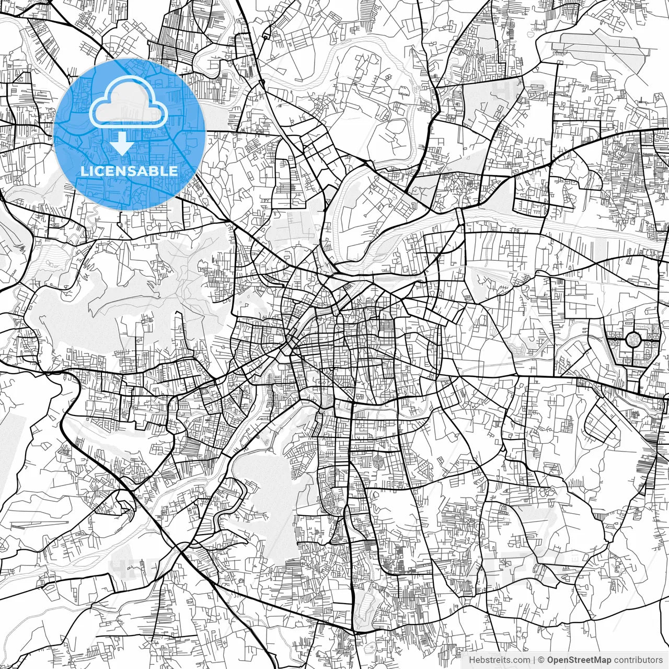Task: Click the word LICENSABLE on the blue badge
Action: click(x=129, y=171)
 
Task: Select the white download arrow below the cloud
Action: click(x=122, y=143)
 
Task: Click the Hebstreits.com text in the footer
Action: click(x=499, y=660)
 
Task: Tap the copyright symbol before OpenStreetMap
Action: click(x=541, y=660)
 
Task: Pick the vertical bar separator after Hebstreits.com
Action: click(x=534, y=660)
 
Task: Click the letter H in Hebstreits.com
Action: click(x=471, y=660)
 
